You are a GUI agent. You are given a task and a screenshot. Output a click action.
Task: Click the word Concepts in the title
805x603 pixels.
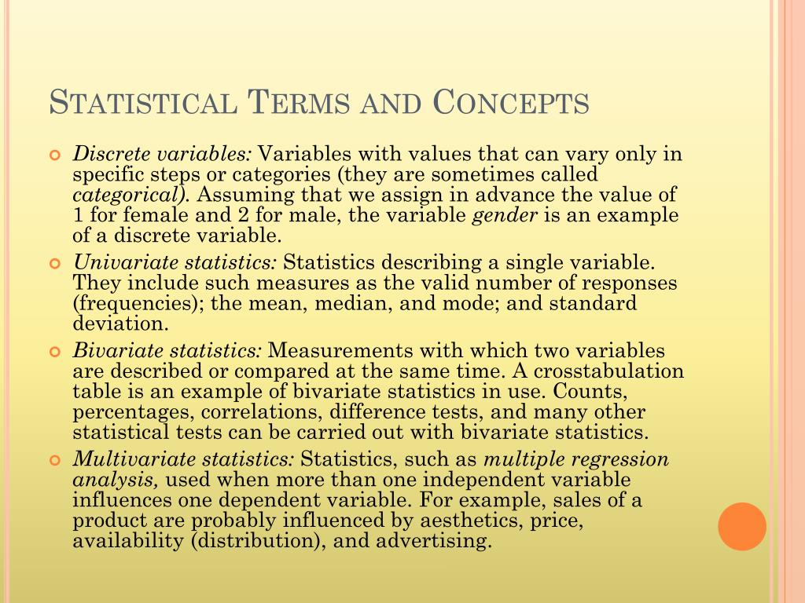(511, 103)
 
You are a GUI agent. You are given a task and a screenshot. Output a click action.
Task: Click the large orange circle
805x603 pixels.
(742, 526)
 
